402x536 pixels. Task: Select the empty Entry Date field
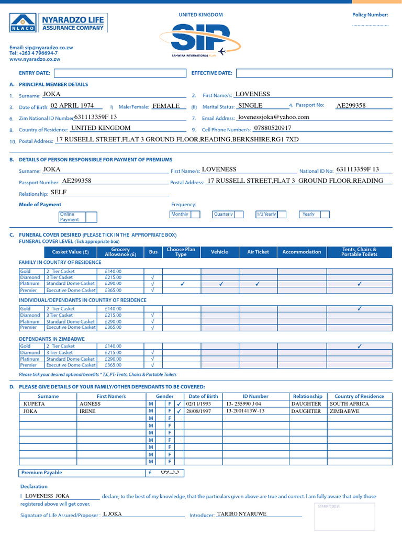pyautogui.click(x=120, y=73)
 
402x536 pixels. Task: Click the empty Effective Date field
pyautogui.click(x=312, y=73)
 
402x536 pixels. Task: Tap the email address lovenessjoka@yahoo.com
pyautogui.click(x=273, y=117)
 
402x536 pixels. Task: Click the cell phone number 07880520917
pyautogui.click(x=272, y=128)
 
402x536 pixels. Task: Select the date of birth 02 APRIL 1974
pyautogui.click(x=72, y=106)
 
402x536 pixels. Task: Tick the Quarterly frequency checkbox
pyautogui.click(x=239, y=214)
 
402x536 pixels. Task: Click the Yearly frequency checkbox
pyautogui.click(x=324, y=214)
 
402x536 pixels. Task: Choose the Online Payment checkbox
pyautogui.click(x=91, y=217)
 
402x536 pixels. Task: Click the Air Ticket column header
pyautogui.click(x=258, y=252)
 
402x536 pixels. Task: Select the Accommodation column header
pyautogui.click(x=301, y=252)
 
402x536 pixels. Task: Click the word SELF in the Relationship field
pyautogui.click(x=59, y=192)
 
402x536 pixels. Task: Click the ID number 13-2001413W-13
pyautogui.click(x=245, y=411)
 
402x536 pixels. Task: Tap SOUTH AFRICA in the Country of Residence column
pyautogui.click(x=349, y=404)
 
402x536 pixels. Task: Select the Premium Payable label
pyautogui.click(x=41, y=473)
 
